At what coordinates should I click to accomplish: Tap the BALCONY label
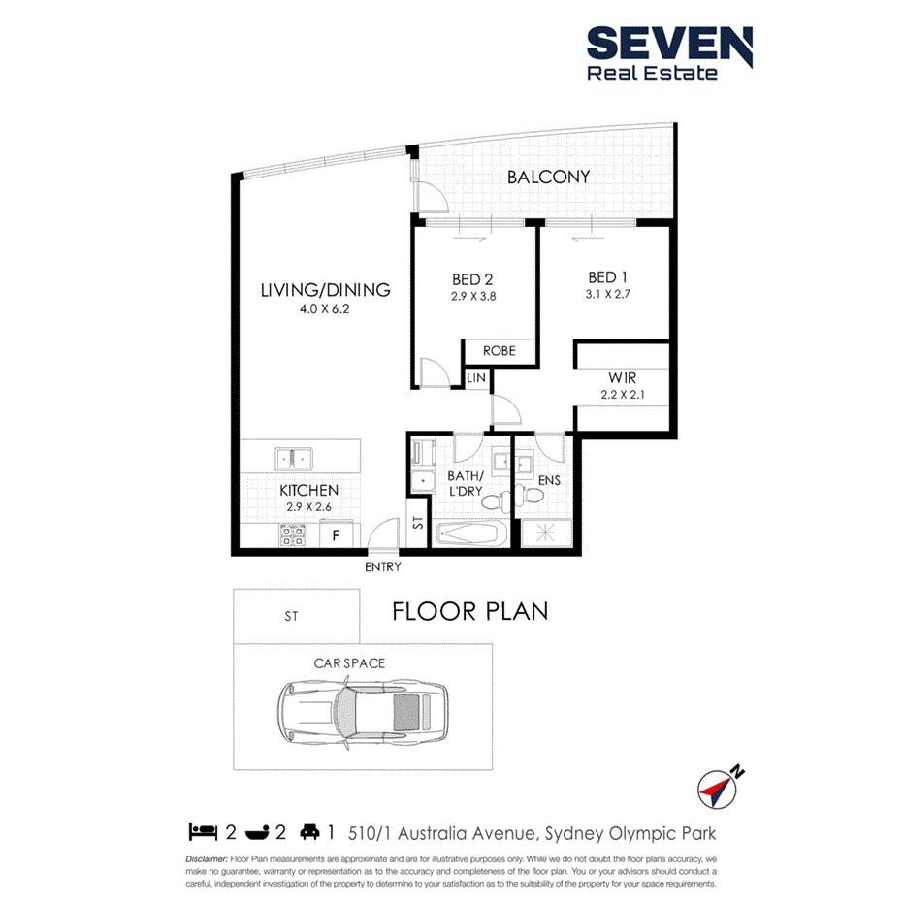click(548, 177)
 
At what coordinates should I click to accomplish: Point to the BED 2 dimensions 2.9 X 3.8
click(472, 297)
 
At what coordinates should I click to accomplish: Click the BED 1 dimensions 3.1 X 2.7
click(607, 293)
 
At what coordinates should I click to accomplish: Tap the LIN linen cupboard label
click(475, 377)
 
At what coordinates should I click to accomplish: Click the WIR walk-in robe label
click(622, 376)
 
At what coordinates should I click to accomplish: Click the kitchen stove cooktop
click(293, 533)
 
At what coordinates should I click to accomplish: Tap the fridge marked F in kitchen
click(336, 534)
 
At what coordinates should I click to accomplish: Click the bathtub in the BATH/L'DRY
click(468, 534)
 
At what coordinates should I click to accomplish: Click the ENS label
click(549, 479)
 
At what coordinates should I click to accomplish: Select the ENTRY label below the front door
click(382, 567)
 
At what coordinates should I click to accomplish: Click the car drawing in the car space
click(363, 710)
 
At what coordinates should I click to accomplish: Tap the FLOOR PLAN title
click(470, 611)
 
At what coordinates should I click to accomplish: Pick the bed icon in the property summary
click(202, 832)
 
